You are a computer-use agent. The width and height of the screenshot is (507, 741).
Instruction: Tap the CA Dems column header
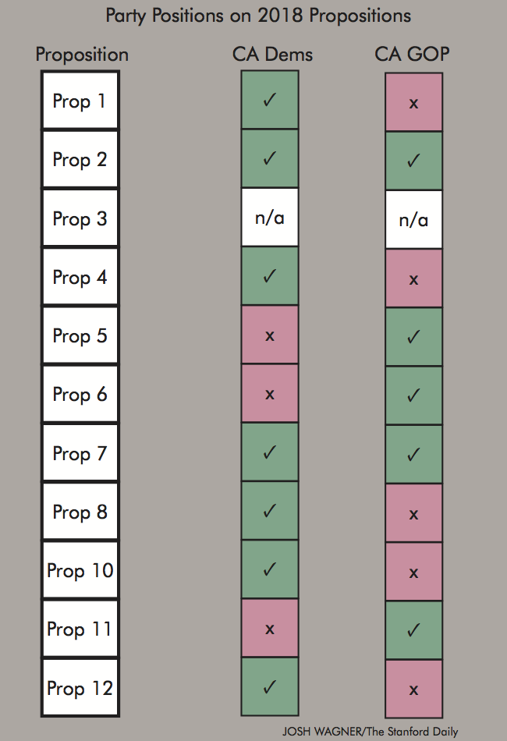tap(271, 54)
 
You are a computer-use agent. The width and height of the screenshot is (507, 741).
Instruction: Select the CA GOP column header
tap(413, 54)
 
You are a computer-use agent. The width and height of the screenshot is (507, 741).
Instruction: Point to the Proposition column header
tap(82, 55)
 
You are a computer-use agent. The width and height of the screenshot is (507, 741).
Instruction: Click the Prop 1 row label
tap(80, 101)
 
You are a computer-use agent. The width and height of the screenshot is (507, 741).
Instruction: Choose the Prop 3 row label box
tap(80, 218)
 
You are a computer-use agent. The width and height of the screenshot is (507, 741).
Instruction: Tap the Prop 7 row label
tap(80, 453)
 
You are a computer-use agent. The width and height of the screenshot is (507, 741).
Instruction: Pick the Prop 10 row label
tap(80, 571)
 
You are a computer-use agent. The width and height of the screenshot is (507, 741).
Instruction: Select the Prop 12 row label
tap(80, 689)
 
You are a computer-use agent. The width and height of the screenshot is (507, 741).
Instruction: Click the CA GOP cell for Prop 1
tap(413, 103)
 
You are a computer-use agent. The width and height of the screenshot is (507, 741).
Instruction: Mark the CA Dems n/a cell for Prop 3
tap(270, 218)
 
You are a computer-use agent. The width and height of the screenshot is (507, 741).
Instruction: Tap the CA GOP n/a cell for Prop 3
tap(413, 220)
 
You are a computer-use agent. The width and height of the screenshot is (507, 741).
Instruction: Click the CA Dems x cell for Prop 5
tap(270, 335)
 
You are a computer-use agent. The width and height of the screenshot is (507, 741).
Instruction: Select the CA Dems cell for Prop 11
tap(270, 629)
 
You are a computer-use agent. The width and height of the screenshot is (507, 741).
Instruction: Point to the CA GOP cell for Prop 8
tap(413, 513)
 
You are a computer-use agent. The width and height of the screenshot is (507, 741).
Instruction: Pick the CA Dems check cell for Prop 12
tap(270, 687)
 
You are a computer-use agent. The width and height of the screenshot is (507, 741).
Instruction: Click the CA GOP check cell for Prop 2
tap(413, 161)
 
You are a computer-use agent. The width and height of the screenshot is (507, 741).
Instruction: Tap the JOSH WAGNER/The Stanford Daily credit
tap(370, 732)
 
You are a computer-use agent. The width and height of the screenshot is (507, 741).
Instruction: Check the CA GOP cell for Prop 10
tap(413, 572)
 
